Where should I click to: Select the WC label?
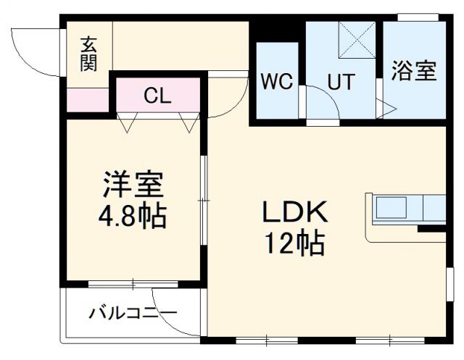(x=276, y=80)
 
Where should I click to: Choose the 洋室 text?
(x=133, y=186)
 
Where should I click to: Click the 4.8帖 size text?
(x=133, y=215)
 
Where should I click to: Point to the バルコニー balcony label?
(x=133, y=313)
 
